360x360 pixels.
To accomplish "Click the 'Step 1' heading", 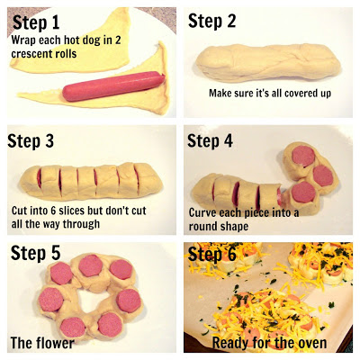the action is pos(36,22).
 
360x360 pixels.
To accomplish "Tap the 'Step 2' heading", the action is pos(211,21).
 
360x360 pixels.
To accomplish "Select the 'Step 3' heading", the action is pos(31,140).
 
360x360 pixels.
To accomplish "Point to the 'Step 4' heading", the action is pos(210,140).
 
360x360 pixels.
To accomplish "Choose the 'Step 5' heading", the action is pos(35,253).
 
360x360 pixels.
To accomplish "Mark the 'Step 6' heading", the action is pos(212,254).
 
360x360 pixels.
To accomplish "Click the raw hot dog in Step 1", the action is pos(113,86).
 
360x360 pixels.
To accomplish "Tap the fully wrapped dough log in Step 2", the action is pos(268,62).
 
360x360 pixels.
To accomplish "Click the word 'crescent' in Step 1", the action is pos(30,54).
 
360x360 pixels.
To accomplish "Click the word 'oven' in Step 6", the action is pos(312,344).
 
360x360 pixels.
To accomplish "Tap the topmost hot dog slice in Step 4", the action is pos(303,157).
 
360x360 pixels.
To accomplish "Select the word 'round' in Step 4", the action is pos(202,226).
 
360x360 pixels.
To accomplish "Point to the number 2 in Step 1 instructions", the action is pos(118,40).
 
